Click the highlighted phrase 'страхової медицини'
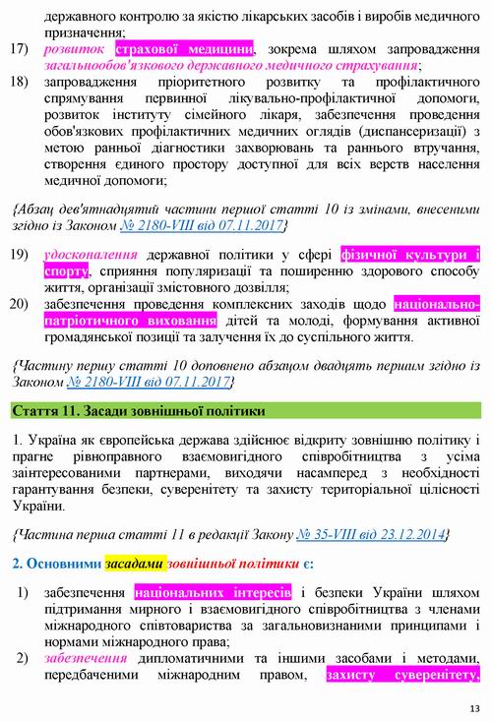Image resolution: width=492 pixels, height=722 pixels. pyautogui.click(x=184, y=48)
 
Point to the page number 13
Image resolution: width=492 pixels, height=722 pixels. pyautogui.click(x=477, y=710)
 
